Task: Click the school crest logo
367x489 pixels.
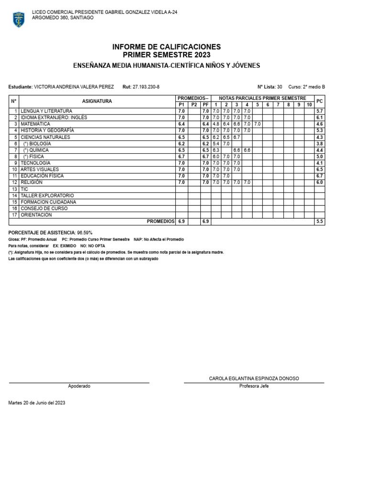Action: pyautogui.click(x=19, y=19)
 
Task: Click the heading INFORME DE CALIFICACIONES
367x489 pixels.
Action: pyautogui.click(x=166, y=47)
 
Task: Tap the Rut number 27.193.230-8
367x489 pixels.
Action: pyautogui.click(x=146, y=87)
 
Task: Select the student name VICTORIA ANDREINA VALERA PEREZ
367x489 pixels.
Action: pyautogui.click(x=74, y=87)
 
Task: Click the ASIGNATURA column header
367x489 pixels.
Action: pyautogui.click(x=97, y=101)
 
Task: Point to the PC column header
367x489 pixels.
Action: pyautogui.click(x=320, y=101)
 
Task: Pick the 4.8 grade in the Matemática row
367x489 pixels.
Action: pyautogui.click(x=216, y=124)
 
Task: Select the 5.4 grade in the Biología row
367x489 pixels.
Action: pyautogui.click(x=216, y=143)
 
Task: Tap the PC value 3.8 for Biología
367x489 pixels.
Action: pyautogui.click(x=320, y=143)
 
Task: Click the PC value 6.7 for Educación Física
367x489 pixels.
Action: pyautogui.click(x=320, y=176)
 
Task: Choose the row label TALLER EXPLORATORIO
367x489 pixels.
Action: pyautogui.click(x=47, y=196)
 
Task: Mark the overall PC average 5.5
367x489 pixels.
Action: pyautogui.click(x=320, y=222)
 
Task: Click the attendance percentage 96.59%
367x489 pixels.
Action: pyautogui.click(x=85, y=232)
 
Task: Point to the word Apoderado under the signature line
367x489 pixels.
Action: pyautogui.click(x=79, y=386)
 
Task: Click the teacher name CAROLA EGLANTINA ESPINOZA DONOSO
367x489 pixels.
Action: pyautogui.click(x=254, y=378)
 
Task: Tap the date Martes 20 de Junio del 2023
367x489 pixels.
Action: pyautogui.click(x=37, y=403)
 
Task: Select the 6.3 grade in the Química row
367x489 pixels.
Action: pyautogui.click(x=216, y=150)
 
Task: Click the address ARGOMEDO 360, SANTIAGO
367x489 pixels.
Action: pyautogui.click(x=63, y=18)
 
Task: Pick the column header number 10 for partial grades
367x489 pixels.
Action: pyautogui.click(x=309, y=105)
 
